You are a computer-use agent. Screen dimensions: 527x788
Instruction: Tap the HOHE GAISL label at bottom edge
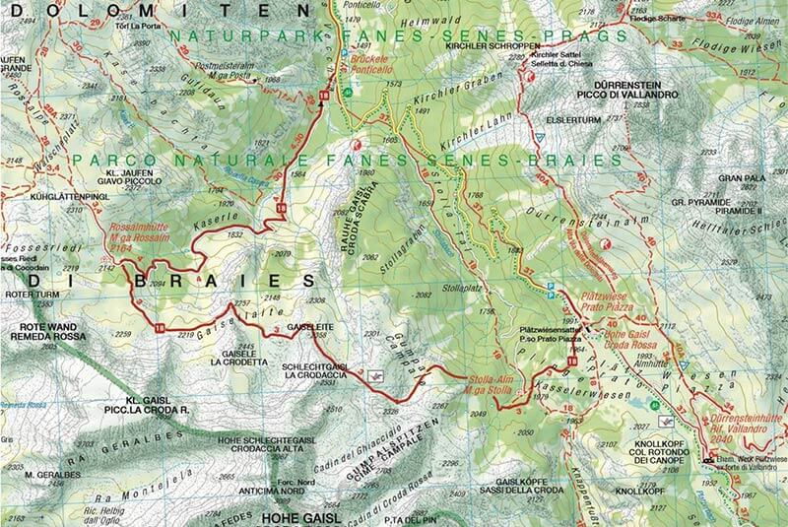[302, 516]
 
